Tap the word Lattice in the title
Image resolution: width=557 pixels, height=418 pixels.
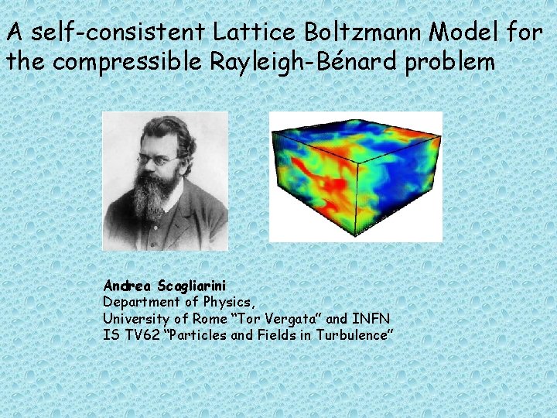coord(241,33)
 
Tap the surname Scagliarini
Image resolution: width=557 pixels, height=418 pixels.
coord(187,286)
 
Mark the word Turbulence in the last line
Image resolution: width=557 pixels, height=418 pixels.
coord(353,334)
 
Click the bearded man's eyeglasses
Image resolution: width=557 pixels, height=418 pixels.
coord(159,160)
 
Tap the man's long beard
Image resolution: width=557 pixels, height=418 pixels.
coord(154,197)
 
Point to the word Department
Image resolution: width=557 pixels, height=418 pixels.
coord(137,302)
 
